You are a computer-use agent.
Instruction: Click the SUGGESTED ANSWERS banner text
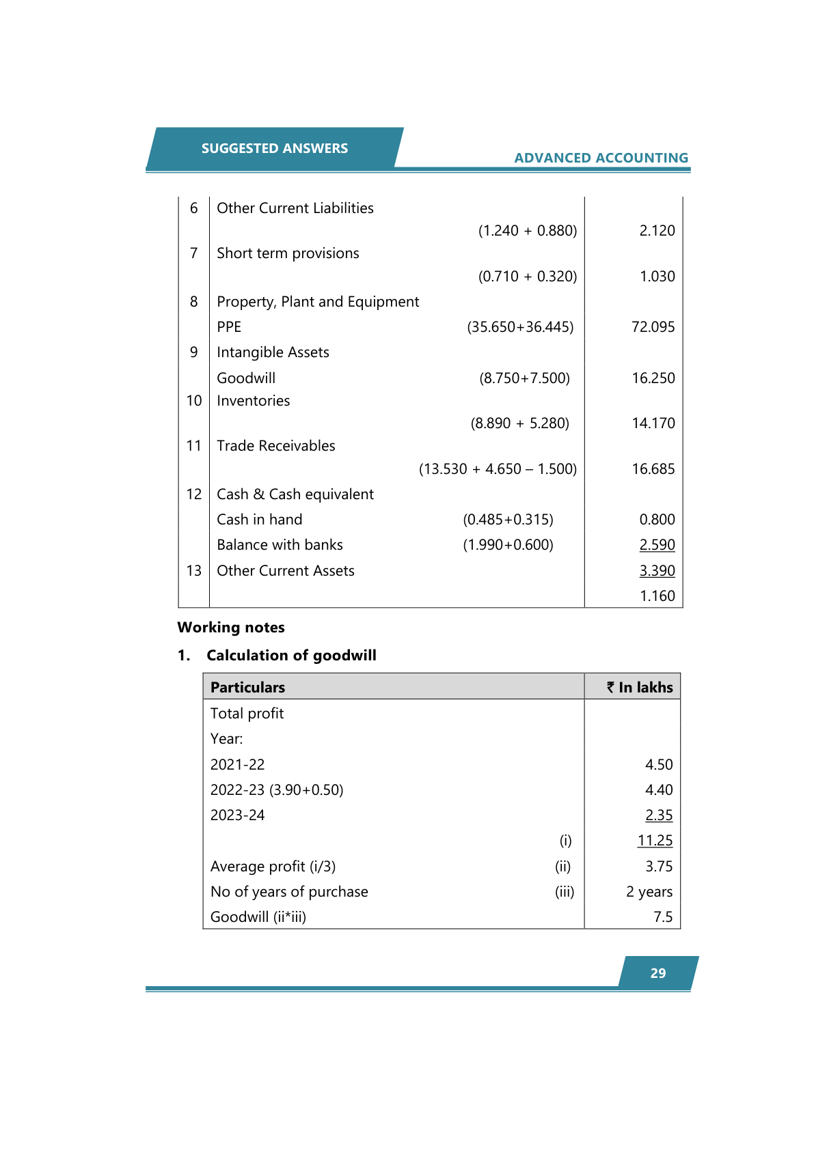tap(274, 148)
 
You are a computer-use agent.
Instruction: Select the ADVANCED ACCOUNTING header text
tap(601, 158)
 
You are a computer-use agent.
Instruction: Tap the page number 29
tap(657, 973)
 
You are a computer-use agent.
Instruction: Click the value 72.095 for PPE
tap(653, 327)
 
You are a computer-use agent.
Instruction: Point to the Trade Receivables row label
tap(275, 446)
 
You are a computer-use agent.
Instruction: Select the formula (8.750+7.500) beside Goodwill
tap(524, 378)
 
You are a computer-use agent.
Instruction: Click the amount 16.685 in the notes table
tap(653, 469)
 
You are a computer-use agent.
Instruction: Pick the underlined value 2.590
tap(657, 545)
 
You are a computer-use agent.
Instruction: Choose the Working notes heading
tap(231, 628)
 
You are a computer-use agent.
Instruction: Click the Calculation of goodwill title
tap(291, 656)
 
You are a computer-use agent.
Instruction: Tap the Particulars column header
tap(247, 688)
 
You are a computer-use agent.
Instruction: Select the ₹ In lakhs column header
tap(640, 688)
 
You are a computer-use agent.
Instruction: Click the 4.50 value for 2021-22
tap(659, 765)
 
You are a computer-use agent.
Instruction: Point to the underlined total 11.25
tap(655, 841)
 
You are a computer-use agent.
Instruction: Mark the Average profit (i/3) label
tap(273, 867)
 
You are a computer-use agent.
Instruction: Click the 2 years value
tap(649, 892)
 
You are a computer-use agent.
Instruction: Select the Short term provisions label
tap(288, 253)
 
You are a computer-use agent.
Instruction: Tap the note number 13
tap(194, 571)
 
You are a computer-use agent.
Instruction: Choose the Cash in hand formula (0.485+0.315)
tap(508, 520)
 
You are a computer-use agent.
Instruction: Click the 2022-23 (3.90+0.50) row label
tap(277, 790)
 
